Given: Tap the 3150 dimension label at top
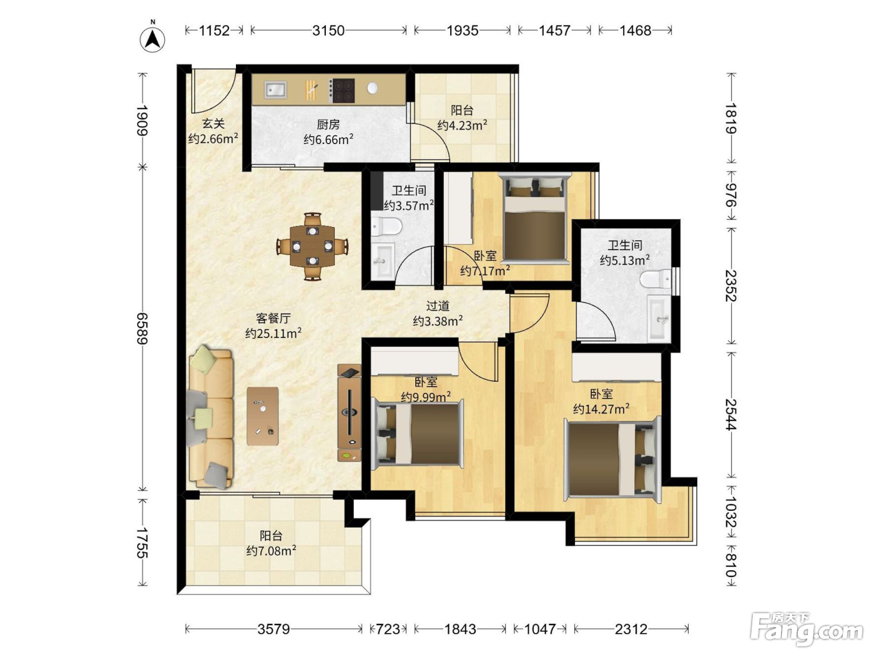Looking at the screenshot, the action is click(x=328, y=31).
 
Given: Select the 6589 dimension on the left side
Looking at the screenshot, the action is click(x=142, y=329).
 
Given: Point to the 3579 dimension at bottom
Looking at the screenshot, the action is click(x=273, y=629).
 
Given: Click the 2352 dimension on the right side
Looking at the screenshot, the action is click(x=731, y=286).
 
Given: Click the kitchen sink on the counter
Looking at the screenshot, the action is click(x=275, y=89).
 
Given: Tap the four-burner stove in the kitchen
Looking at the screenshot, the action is click(x=341, y=90).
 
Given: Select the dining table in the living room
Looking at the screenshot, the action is click(x=313, y=246).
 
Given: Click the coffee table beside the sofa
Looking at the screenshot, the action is click(x=262, y=416).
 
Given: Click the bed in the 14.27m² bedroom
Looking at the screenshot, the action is click(x=612, y=459).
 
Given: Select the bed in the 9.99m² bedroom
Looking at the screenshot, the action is click(x=418, y=433).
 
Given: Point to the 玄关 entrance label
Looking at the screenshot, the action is click(x=214, y=124).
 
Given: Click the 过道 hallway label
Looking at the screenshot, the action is click(x=438, y=306).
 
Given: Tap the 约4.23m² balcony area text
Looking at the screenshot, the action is click(x=462, y=125).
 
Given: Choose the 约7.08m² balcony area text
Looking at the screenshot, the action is click(x=271, y=551).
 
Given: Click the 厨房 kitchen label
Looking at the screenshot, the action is click(x=328, y=125).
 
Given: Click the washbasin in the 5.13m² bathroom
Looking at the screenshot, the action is click(x=659, y=318).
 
